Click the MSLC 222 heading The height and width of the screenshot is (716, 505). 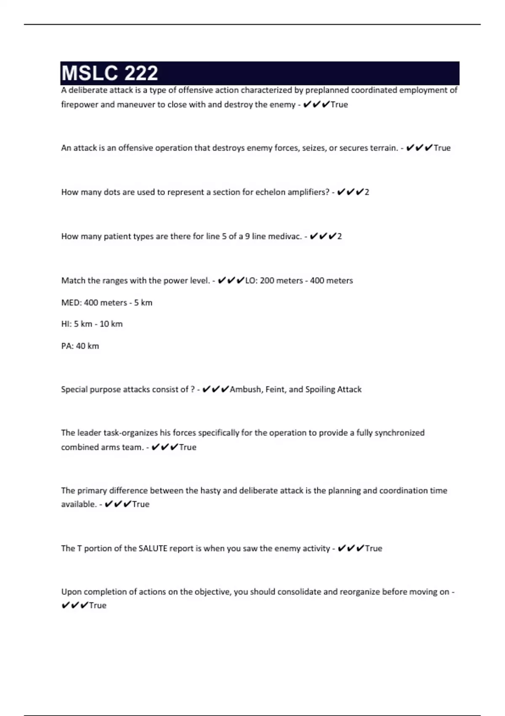click(x=110, y=73)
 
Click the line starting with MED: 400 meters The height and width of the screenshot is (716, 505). click(x=106, y=302)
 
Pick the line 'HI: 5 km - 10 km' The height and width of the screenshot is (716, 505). click(x=92, y=324)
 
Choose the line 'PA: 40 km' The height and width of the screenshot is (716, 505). click(x=80, y=346)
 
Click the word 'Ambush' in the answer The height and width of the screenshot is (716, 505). click(x=246, y=389)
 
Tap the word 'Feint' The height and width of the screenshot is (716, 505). click(x=275, y=389)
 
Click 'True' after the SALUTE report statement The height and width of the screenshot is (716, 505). click(x=373, y=548)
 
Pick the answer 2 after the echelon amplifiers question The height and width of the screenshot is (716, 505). click(x=367, y=192)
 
